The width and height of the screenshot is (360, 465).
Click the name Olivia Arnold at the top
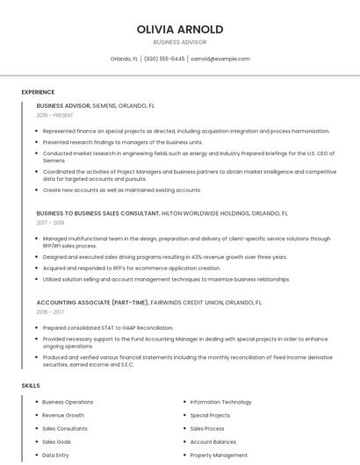(x=179, y=29)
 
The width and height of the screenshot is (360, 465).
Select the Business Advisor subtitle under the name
(x=179, y=42)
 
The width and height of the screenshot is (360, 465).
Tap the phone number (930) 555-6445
(x=164, y=59)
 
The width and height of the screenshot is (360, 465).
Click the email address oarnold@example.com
(x=220, y=59)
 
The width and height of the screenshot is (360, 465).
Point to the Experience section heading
(x=38, y=92)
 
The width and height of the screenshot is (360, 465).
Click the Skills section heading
(x=30, y=385)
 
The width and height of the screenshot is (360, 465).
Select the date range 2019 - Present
(x=54, y=115)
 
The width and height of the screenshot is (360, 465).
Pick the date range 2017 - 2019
(x=50, y=223)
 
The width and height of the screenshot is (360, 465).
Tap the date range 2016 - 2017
(x=50, y=311)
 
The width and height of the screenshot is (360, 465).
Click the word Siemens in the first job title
(x=104, y=105)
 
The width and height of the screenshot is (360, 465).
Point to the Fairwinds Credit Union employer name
(x=194, y=302)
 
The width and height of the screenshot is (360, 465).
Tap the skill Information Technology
(x=220, y=402)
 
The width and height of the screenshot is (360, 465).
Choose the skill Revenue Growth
(x=63, y=415)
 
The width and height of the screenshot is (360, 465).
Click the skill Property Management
(x=219, y=455)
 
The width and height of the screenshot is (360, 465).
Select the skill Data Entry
(x=55, y=455)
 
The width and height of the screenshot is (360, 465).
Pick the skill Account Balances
(x=213, y=442)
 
